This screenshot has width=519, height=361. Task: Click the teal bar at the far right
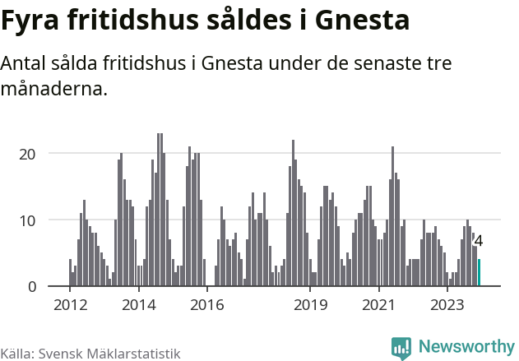click(480, 273)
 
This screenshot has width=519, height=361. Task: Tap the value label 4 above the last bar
click(479, 242)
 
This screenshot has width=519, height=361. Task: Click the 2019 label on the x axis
click(310, 306)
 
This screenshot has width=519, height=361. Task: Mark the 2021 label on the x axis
click(379, 306)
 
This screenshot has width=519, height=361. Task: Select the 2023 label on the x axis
click(448, 306)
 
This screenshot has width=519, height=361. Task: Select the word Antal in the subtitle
click(25, 64)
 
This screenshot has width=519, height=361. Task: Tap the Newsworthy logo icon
click(401, 348)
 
